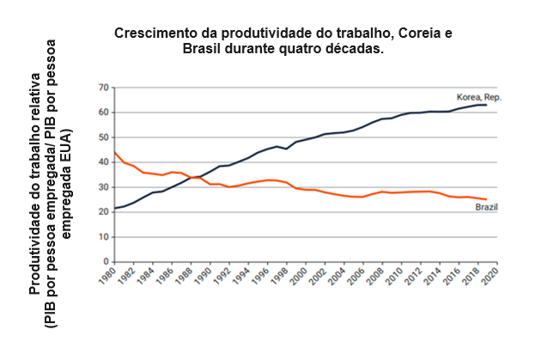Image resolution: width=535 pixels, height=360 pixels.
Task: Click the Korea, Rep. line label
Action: point(477,97)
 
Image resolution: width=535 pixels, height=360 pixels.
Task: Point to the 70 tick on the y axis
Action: point(103,88)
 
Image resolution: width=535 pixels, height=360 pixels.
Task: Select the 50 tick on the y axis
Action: point(103,137)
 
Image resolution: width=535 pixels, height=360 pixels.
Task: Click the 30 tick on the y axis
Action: point(103,187)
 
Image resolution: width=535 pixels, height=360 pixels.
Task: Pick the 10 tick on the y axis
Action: point(103,237)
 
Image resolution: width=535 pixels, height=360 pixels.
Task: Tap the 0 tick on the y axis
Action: point(106,262)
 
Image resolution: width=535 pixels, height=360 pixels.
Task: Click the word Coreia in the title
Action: point(418,34)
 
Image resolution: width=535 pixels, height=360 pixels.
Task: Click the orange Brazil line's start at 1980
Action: point(114,152)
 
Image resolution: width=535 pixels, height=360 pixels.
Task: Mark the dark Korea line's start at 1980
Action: point(114,208)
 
